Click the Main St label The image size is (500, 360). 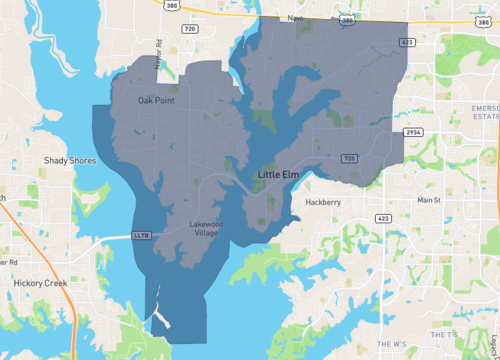tap(429, 200)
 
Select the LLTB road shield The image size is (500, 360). tap(141, 236)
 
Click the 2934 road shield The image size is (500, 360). tap(414, 132)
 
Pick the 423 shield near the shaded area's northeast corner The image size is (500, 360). tap(408, 43)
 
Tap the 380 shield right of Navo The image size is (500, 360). tap(346, 19)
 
